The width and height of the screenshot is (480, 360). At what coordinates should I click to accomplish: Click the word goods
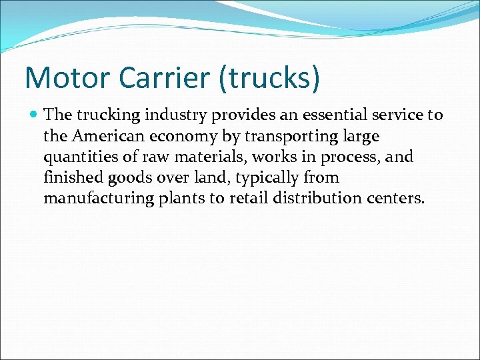(x=128, y=179)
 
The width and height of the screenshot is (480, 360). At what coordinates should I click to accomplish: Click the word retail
(x=247, y=198)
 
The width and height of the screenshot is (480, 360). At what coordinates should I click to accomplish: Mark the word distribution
(x=317, y=198)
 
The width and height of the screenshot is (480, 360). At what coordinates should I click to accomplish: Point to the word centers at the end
(x=396, y=198)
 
